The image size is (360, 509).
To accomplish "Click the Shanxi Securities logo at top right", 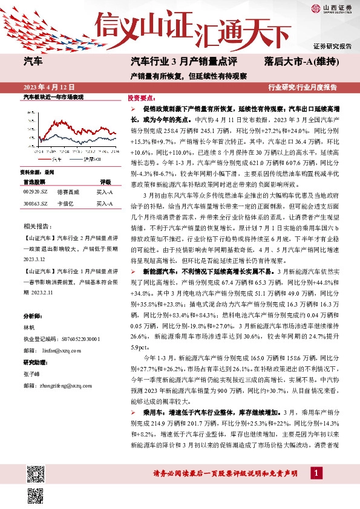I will (x=332, y=8).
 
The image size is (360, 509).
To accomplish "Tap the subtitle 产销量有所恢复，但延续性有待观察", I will (x=189, y=76).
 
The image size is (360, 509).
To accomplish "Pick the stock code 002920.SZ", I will (x=35, y=192).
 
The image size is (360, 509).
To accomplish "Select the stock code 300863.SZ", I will (x=35, y=205).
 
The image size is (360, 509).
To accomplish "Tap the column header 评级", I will (x=105, y=181).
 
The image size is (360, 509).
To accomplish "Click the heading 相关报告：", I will (x=38, y=226).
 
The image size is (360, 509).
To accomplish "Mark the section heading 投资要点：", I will (x=139, y=97).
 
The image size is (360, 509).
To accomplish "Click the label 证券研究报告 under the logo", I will (x=332, y=47).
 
